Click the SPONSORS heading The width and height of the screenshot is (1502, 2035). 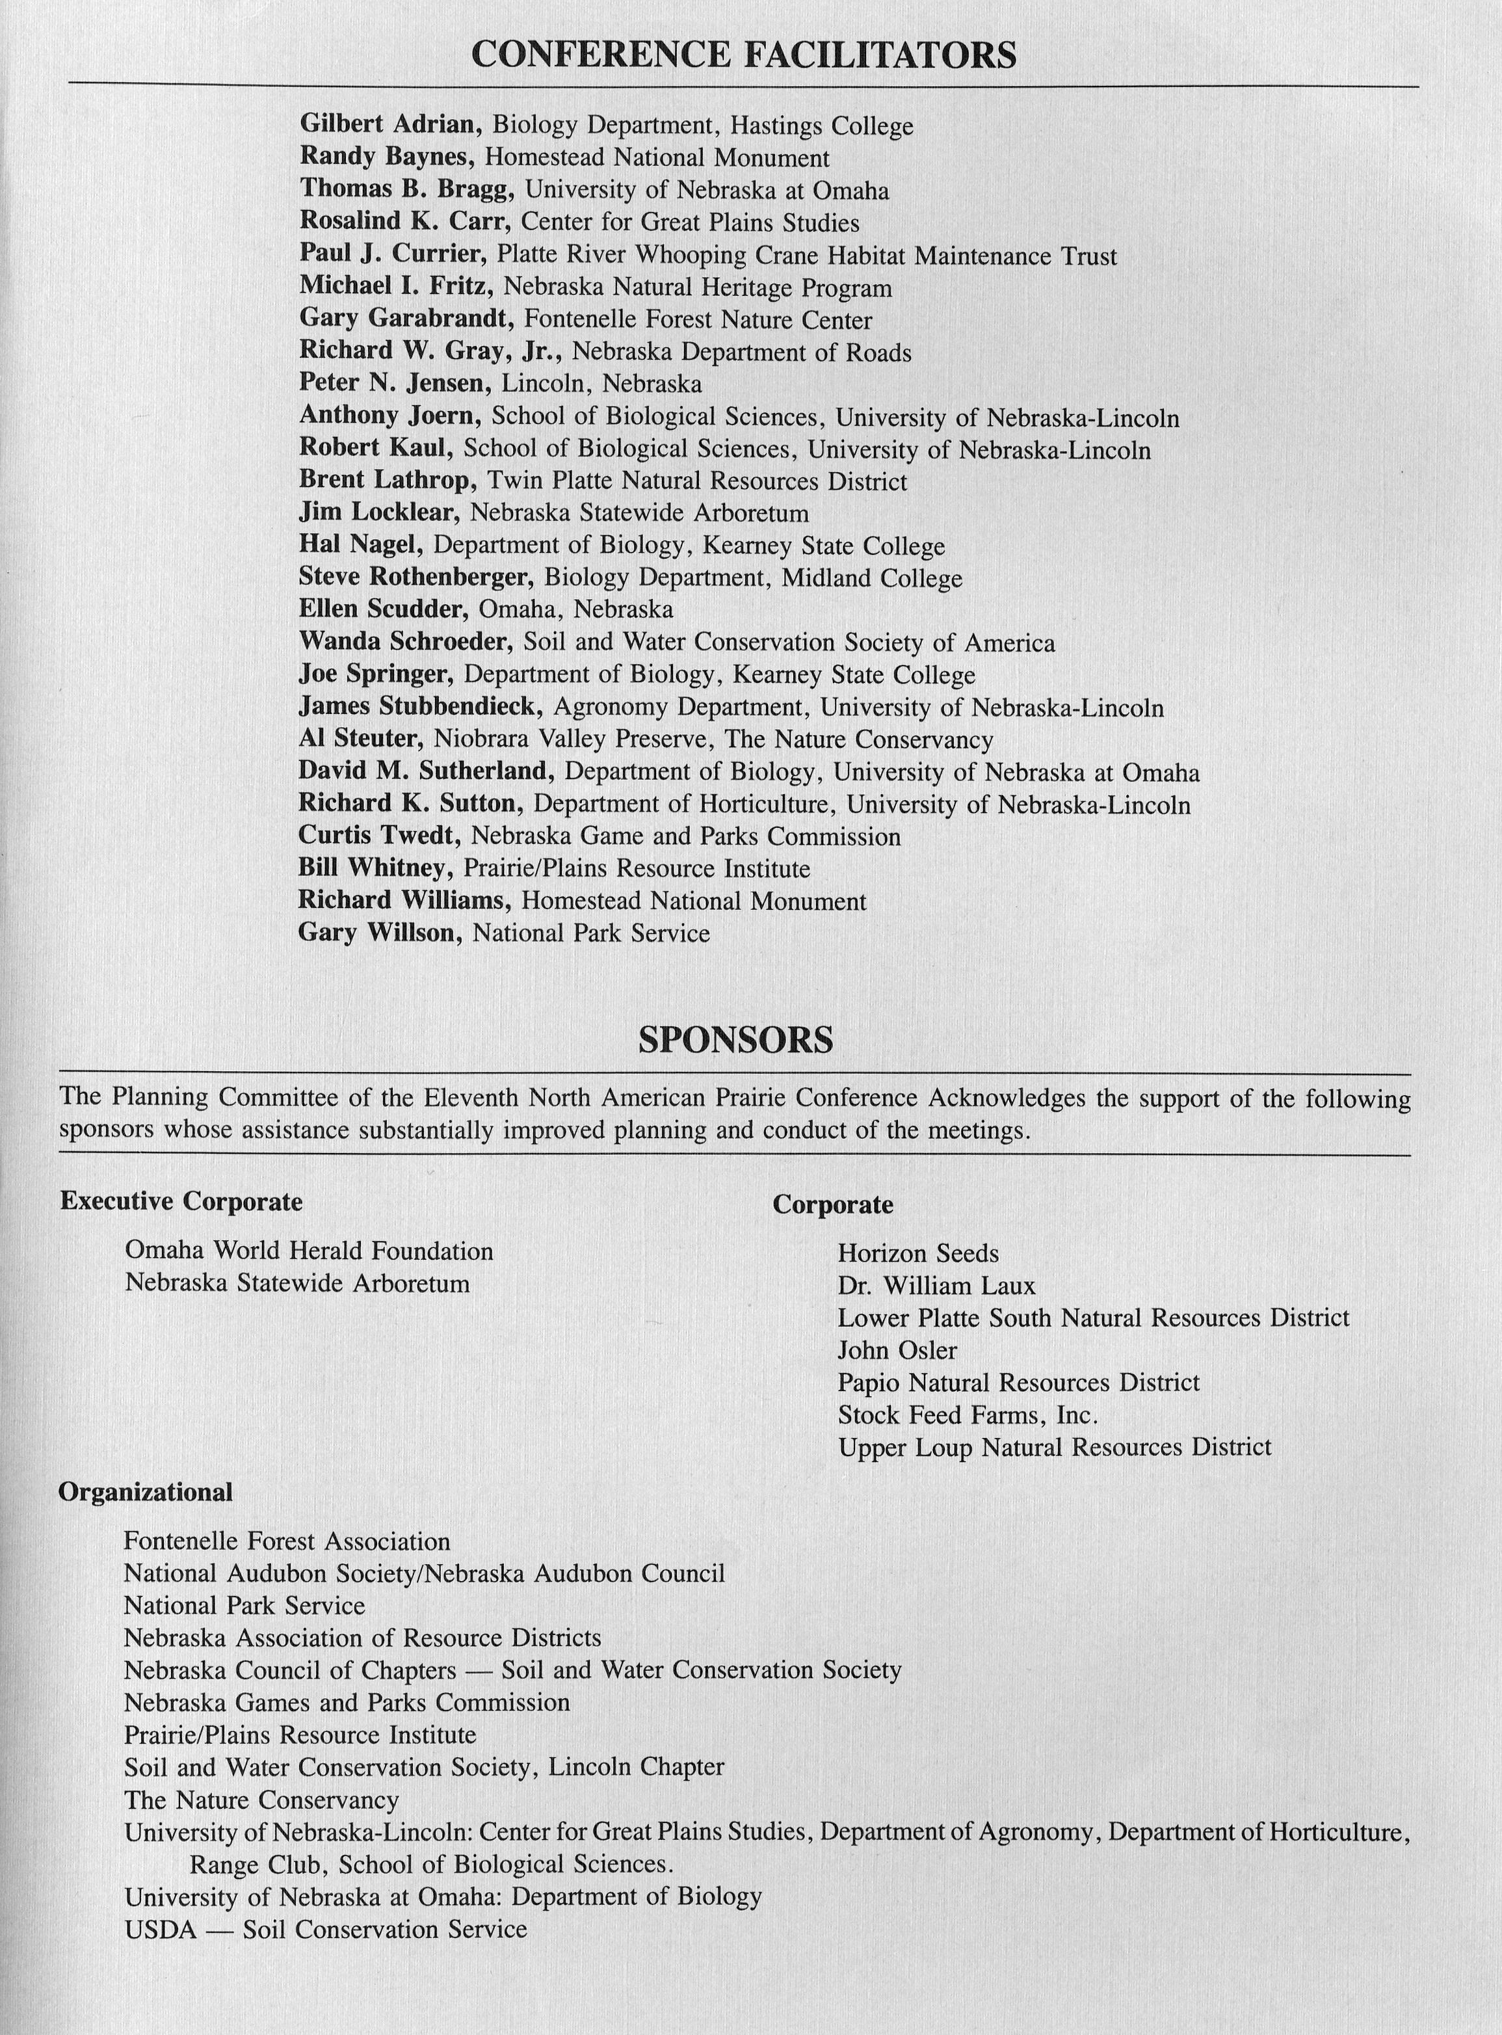(735, 1039)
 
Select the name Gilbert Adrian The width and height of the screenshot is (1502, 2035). (390, 125)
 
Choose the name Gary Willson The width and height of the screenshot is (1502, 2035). (376, 933)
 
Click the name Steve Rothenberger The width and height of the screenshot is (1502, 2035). (415, 578)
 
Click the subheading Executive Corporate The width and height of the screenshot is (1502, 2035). (181, 1201)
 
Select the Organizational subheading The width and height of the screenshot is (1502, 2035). (146, 1492)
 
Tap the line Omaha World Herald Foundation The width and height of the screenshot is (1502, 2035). (309, 1251)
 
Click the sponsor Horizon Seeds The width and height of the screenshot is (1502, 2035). (917, 1253)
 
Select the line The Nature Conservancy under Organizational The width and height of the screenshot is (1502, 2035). (262, 1800)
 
